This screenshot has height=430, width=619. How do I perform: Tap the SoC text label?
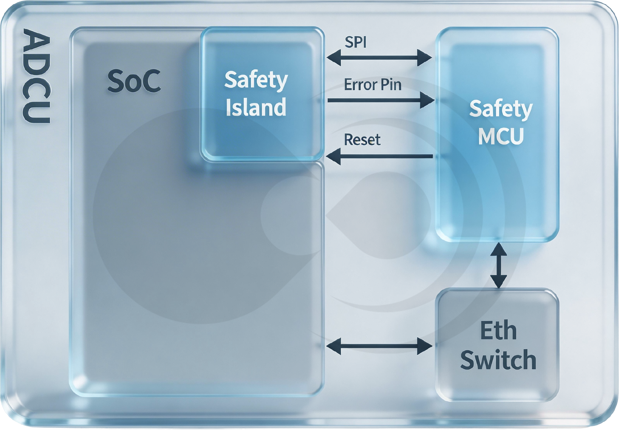[134, 81]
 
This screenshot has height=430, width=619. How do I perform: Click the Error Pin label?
[372, 85]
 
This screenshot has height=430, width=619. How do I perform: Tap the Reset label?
[362, 140]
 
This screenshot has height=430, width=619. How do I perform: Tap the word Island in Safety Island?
[256, 107]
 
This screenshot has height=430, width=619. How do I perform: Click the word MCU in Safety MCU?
[501, 136]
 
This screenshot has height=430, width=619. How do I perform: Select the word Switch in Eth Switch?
[498, 360]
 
